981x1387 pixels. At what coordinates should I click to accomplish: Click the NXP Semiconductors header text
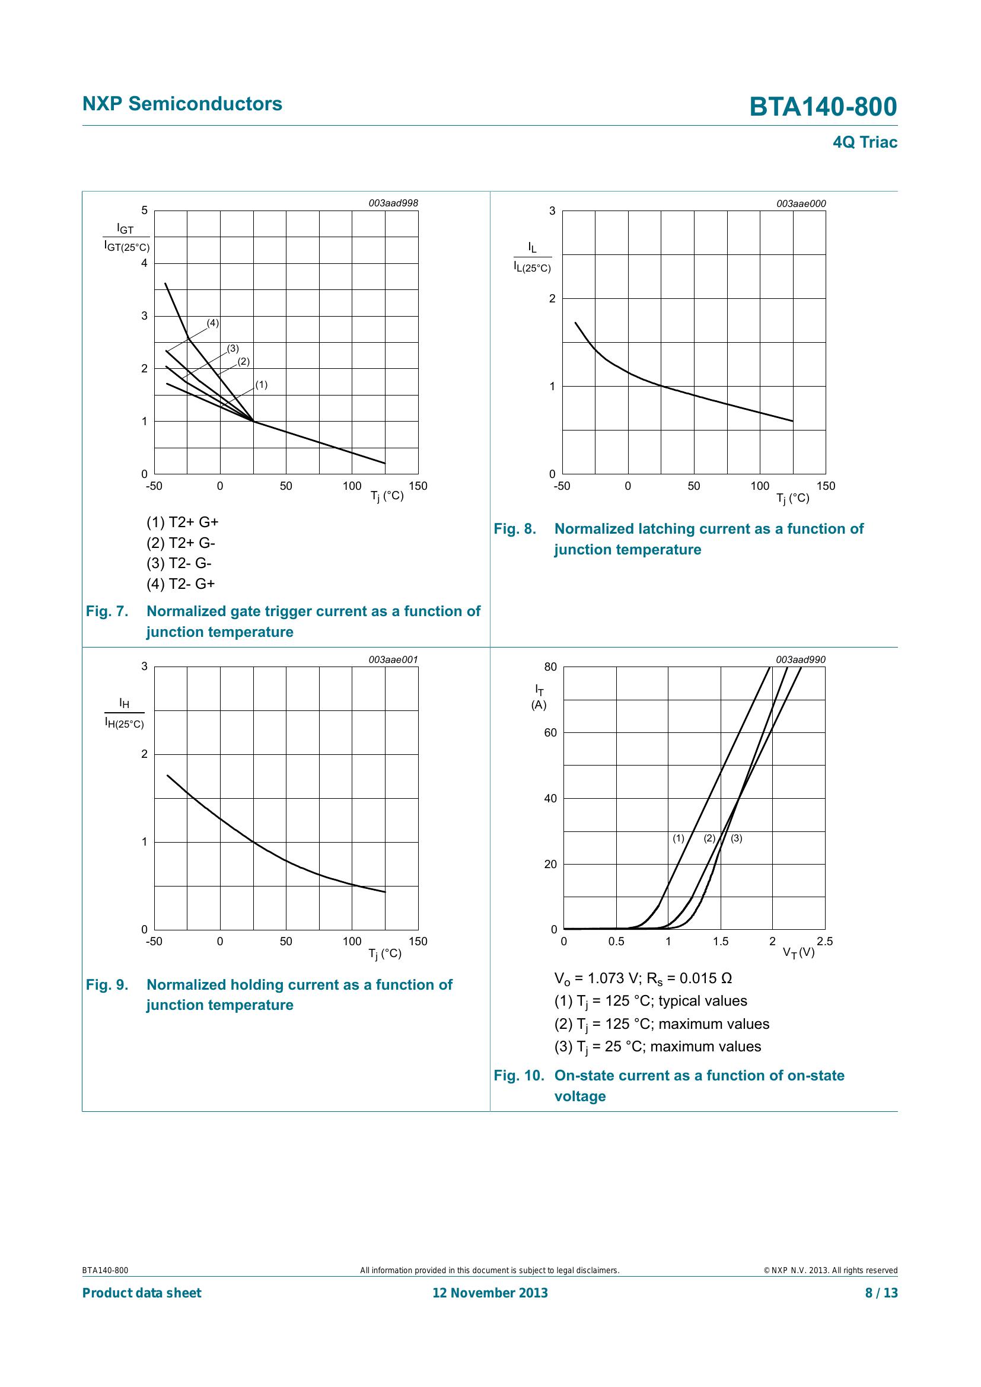click(182, 104)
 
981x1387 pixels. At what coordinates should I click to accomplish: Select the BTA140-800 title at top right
click(823, 107)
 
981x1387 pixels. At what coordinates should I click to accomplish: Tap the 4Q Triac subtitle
click(864, 142)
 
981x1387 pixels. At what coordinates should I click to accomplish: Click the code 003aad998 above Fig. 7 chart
click(393, 203)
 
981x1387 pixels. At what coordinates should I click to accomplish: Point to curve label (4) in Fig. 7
click(213, 323)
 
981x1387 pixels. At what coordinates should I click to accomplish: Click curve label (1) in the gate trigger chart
click(261, 384)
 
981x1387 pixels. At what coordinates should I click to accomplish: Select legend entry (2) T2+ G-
click(181, 543)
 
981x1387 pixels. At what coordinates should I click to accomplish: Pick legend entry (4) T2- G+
click(181, 584)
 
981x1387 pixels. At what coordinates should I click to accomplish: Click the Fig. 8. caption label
click(515, 528)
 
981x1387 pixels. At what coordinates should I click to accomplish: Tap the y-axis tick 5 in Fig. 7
click(144, 211)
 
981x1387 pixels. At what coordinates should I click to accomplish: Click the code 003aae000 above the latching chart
click(800, 203)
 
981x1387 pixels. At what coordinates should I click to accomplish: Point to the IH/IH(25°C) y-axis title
click(125, 713)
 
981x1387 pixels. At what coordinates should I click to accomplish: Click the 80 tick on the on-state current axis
click(550, 667)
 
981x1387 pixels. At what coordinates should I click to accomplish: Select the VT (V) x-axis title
click(798, 952)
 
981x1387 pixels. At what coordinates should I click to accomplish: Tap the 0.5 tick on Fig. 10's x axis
click(616, 941)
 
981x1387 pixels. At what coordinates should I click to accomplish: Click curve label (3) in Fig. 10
click(737, 838)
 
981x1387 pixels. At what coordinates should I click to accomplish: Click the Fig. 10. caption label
click(519, 1075)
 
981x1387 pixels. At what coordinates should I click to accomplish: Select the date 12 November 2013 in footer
click(490, 1293)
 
